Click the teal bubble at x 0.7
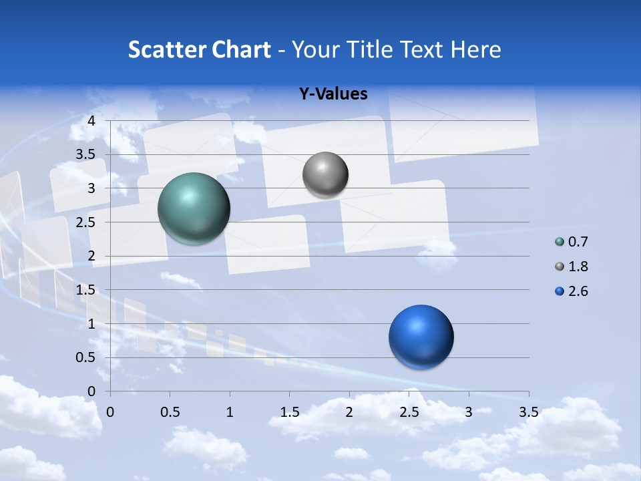194,208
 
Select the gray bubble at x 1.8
325,174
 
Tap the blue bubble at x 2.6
421,337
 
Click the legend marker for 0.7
560,242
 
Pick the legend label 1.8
578,267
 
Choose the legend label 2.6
578,291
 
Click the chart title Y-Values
333,94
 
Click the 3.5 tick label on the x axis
528,413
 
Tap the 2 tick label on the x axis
349,413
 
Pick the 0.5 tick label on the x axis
170,413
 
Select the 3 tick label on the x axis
469,413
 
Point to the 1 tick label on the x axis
230,413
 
